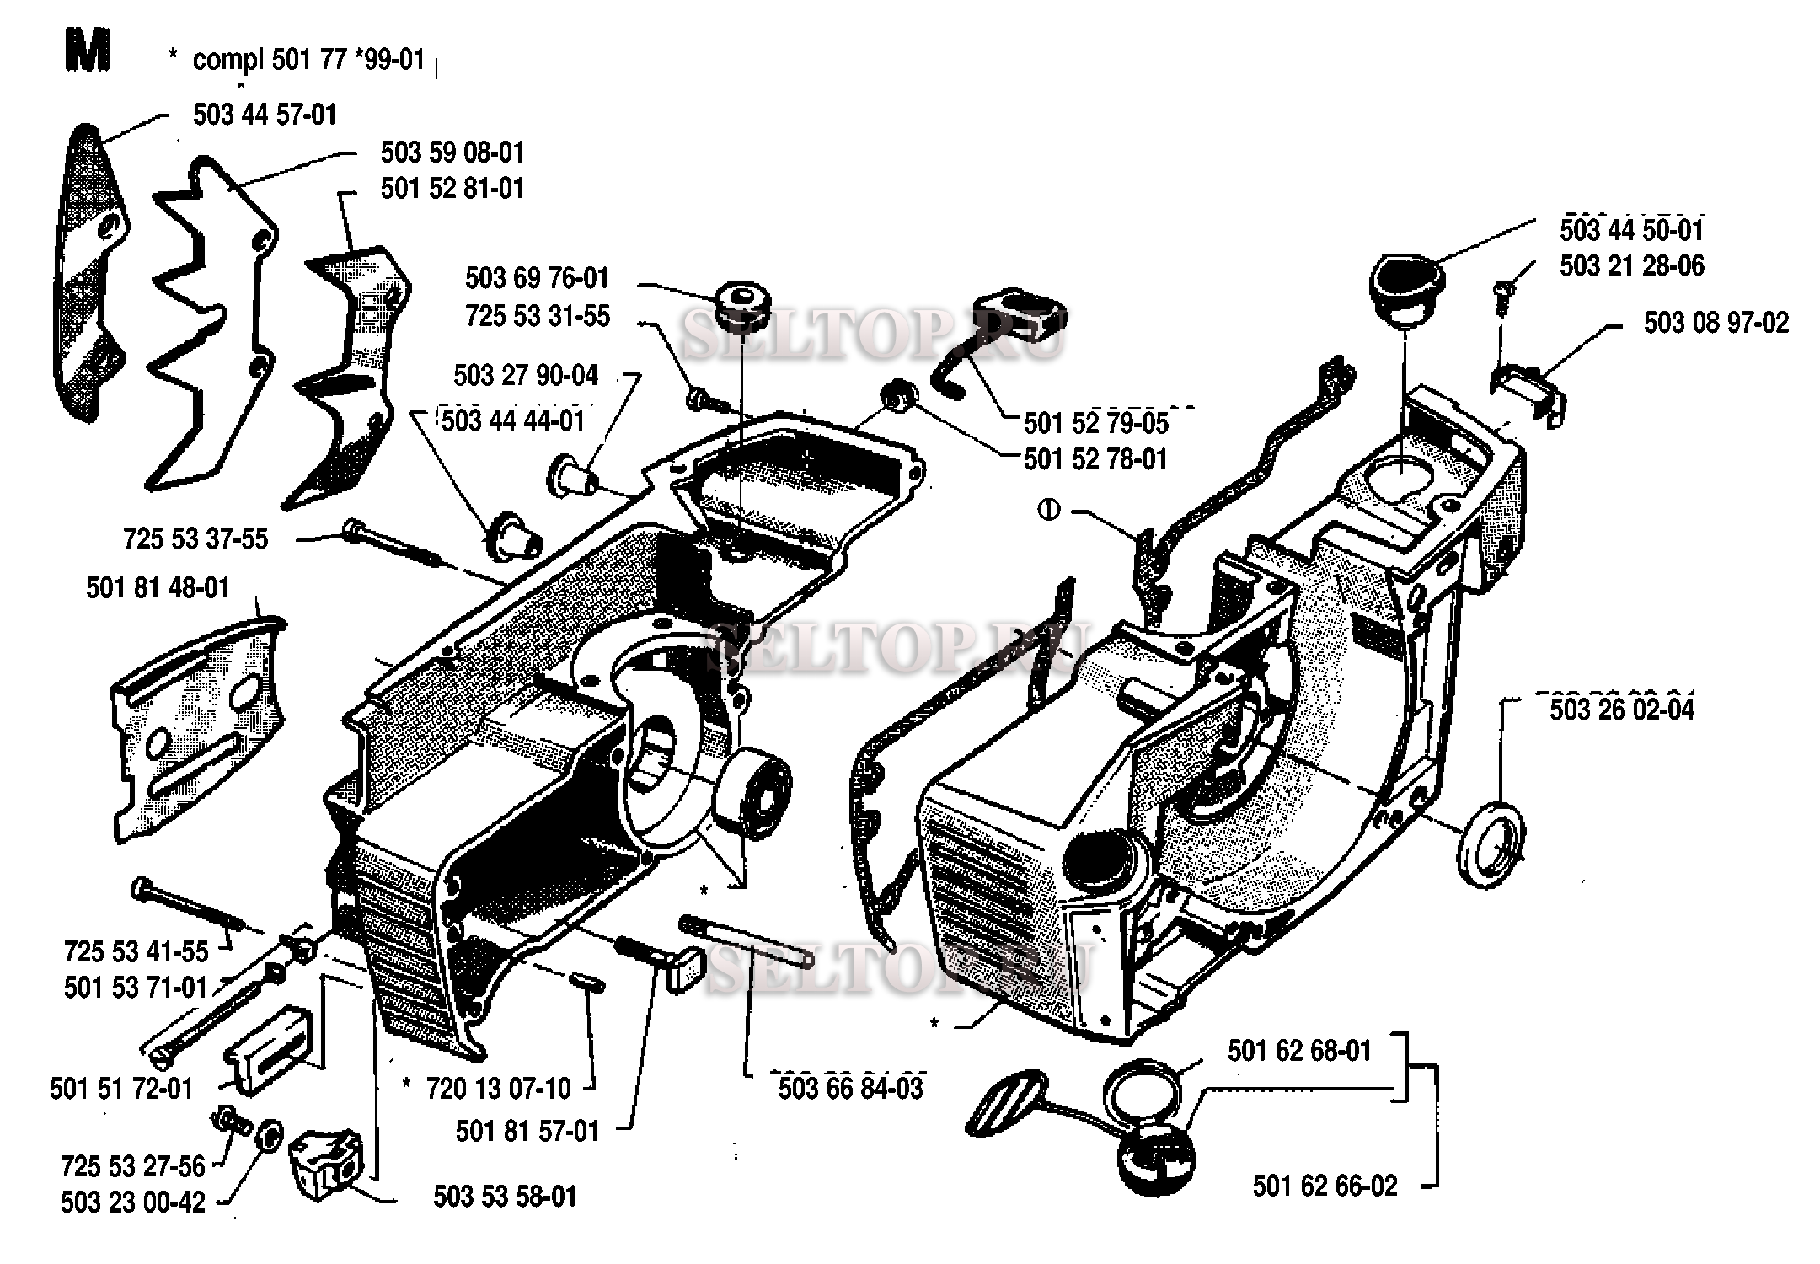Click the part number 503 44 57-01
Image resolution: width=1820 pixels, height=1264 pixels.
tap(265, 115)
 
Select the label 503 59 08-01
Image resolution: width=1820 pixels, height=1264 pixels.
tap(452, 153)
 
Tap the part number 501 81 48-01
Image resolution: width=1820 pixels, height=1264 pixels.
tap(158, 587)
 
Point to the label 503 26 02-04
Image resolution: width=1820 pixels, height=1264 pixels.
tap(1622, 710)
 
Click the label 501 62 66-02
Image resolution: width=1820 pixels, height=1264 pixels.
tap(1325, 1186)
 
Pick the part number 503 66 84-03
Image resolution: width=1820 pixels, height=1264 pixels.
tap(851, 1088)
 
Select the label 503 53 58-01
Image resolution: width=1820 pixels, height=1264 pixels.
tap(506, 1197)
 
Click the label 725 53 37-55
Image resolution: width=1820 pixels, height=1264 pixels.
tap(195, 538)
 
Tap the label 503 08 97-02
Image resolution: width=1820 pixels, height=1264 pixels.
tap(1716, 323)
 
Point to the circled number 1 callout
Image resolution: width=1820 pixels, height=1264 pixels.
tap(1049, 511)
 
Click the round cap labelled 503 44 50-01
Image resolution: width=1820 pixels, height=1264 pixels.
tap(1406, 289)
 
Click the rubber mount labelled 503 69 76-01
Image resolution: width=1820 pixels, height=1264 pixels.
tap(742, 308)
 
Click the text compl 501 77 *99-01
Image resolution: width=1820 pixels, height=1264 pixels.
tap(308, 61)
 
